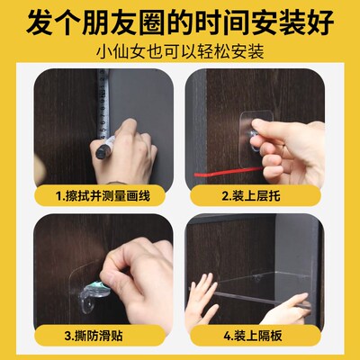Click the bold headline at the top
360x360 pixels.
click(x=180, y=20)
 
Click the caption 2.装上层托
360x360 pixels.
click(x=270, y=193)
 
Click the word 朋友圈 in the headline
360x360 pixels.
click(x=126, y=20)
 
